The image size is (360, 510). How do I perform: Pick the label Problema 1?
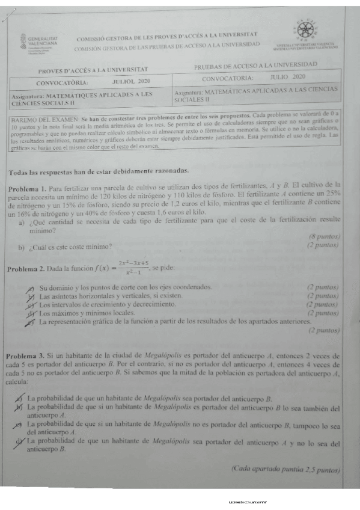pos(26,189)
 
